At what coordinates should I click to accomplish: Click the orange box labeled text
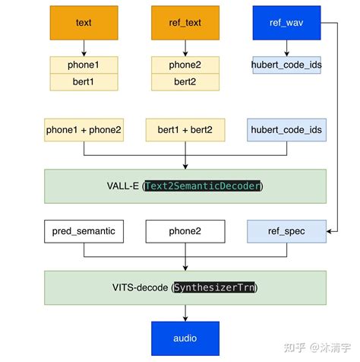point(84,23)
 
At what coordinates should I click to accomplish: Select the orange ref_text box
point(185,23)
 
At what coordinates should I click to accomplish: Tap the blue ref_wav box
point(286,23)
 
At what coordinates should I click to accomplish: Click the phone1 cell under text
point(84,65)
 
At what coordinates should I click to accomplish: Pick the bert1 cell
point(84,81)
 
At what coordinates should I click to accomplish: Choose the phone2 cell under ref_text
point(185,65)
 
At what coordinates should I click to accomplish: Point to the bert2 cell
point(185,81)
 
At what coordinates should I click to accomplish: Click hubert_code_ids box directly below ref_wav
point(286,65)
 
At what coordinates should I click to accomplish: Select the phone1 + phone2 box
point(84,130)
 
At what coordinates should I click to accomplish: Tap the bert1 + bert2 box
point(185,130)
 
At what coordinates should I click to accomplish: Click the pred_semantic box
point(84,231)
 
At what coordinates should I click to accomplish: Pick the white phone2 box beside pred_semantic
point(185,231)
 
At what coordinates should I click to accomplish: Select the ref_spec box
point(286,231)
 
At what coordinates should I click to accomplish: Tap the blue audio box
point(185,337)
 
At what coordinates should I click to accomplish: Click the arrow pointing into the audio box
point(185,313)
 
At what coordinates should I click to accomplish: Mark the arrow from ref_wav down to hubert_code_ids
point(286,49)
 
